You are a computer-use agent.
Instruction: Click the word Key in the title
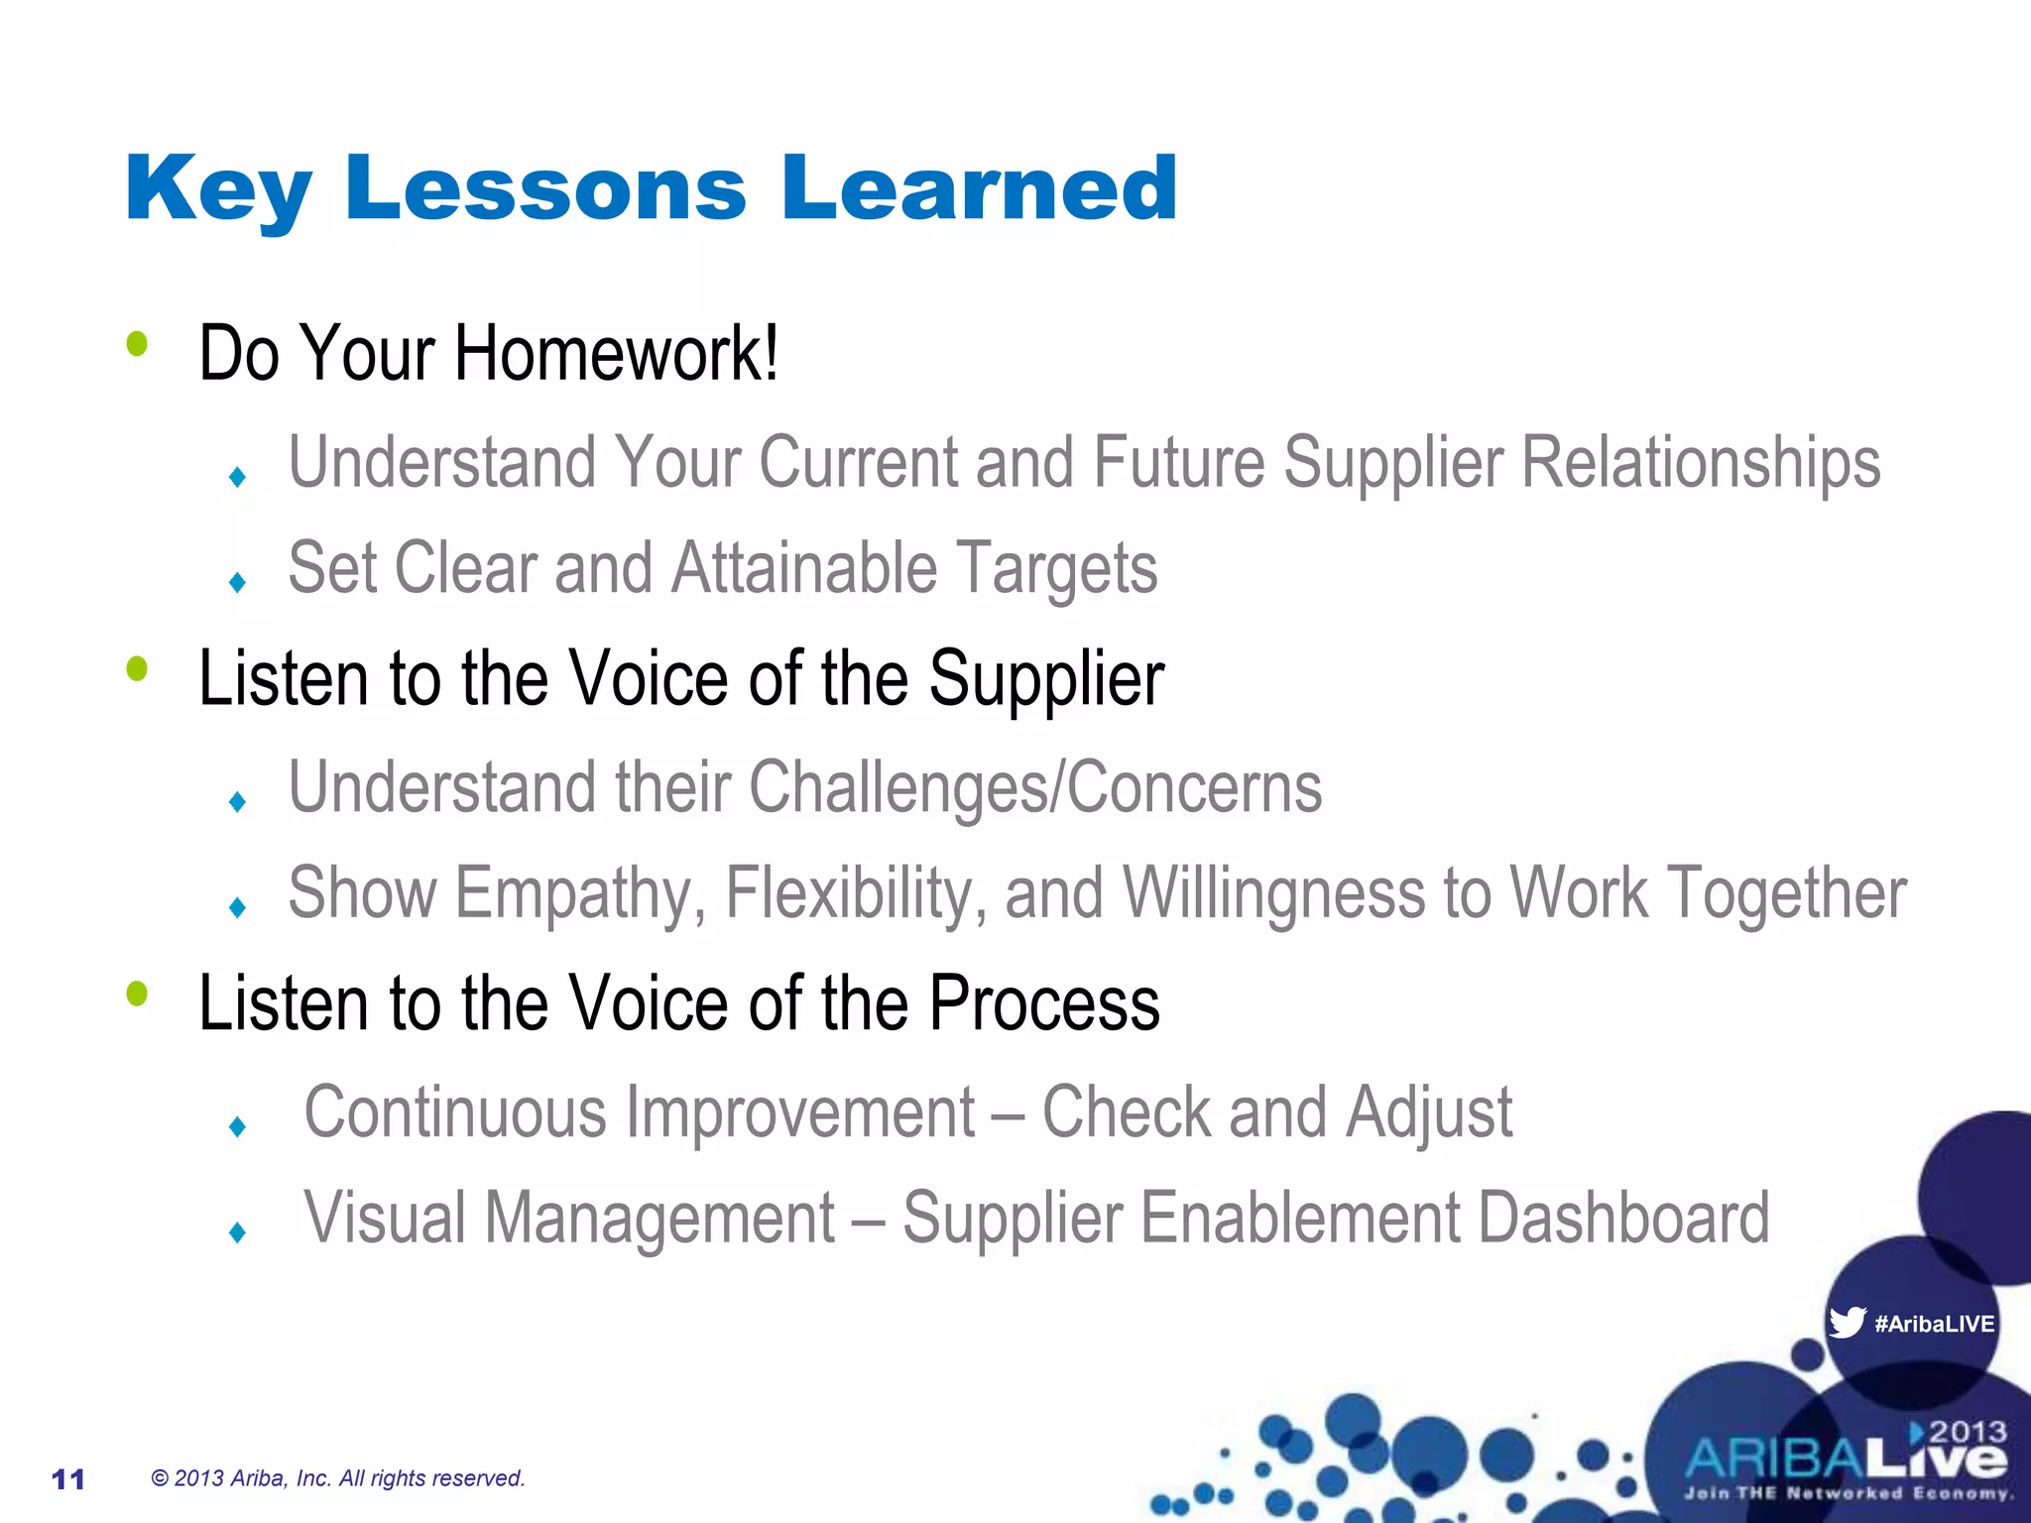point(218,190)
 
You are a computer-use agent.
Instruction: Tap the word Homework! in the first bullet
point(616,353)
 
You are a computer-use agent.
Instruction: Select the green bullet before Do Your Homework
point(137,344)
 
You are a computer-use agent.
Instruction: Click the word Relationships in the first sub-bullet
point(1700,463)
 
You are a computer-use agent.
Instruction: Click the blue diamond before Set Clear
point(237,582)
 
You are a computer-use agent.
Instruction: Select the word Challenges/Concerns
point(1034,787)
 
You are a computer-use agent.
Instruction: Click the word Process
point(1043,1003)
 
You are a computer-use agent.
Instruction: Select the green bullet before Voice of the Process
point(137,994)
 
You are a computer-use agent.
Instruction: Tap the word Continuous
point(455,1113)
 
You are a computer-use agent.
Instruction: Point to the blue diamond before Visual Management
point(237,1232)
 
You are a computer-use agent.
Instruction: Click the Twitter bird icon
point(1847,1322)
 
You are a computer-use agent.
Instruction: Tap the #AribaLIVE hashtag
point(1934,1324)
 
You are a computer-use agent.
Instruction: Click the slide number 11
point(68,1479)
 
